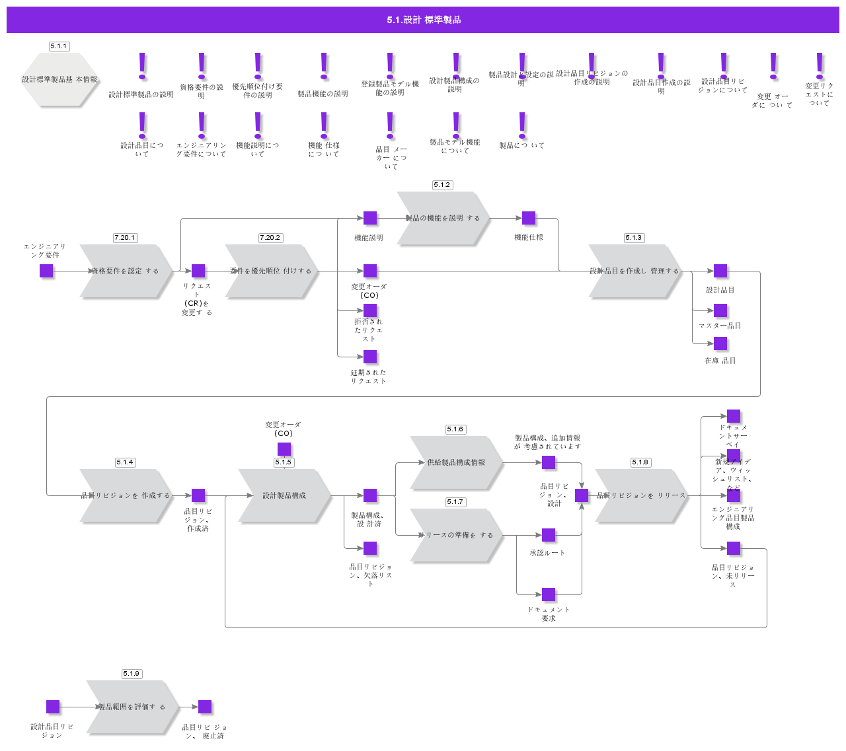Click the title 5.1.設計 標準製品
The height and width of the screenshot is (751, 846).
[423, 20]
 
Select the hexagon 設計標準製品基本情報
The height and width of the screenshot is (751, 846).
[59, 79]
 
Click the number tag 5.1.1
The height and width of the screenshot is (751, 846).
[59, 46]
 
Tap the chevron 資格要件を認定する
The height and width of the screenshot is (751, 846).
[126, 271]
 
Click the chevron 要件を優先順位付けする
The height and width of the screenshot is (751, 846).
[271, 271]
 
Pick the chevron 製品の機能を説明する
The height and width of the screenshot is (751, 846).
[443, 218]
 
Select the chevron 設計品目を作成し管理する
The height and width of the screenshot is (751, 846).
[634, 271]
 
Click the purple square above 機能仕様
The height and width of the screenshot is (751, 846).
[529, 218]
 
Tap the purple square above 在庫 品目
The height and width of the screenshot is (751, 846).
[720, 343]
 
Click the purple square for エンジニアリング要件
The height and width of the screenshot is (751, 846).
[46, 271]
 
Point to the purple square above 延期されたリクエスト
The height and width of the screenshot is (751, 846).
[370, 357]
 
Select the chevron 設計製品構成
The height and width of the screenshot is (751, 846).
[284, 495]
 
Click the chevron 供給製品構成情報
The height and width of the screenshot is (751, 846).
[456, 462]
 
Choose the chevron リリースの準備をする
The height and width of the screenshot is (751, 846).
[456, 535]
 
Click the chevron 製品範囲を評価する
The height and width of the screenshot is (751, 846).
[132, 707]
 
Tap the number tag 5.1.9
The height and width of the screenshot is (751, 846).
[132, 674]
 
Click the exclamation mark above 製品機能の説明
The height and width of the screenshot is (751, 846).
[324, 66]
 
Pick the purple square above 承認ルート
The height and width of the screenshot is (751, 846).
[549, 535]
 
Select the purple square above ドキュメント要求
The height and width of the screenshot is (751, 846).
[549, 594]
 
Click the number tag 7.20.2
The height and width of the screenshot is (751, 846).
[270, 238]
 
